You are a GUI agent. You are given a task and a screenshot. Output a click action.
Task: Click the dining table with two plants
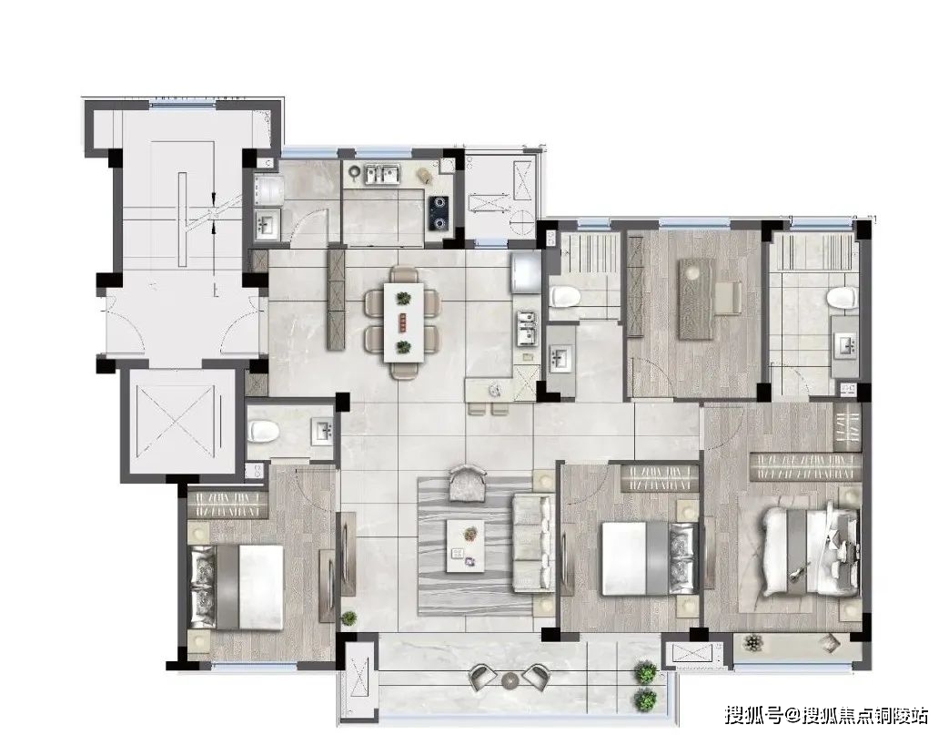[404, 323]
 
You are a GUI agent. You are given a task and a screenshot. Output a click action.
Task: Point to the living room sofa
[533, 544]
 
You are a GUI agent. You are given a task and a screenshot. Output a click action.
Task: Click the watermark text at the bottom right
[825, 716]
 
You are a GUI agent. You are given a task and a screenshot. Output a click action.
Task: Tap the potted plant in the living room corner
[348, 618]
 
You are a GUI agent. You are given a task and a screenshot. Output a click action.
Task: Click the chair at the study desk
[729, 298]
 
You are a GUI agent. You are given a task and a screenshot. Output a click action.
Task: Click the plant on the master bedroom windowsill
[752, 642]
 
